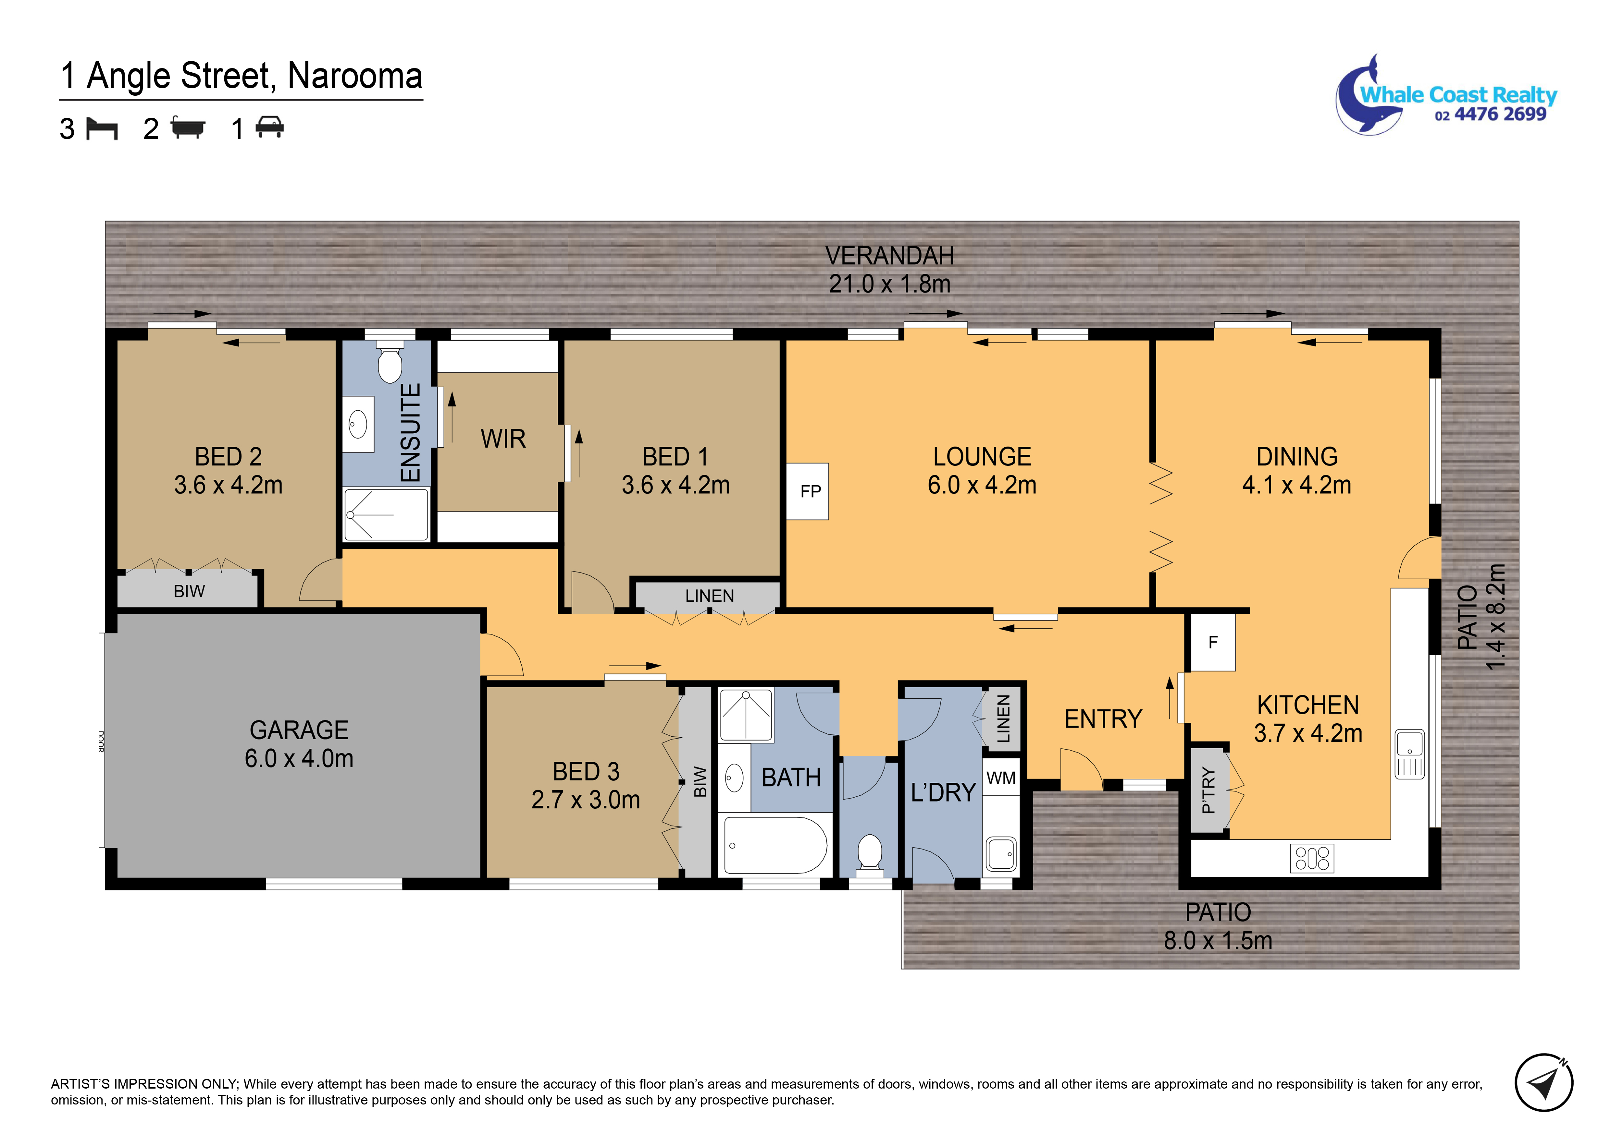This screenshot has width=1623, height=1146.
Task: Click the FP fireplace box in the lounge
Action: (807, 492)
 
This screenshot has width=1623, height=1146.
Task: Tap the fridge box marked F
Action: (1213, 642)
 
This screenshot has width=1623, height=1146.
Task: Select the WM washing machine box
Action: (1001, 778)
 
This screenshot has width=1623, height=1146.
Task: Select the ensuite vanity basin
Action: (358, 425)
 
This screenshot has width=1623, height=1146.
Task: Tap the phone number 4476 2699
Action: (1500, 115)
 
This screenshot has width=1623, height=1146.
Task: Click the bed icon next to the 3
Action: (102, 128)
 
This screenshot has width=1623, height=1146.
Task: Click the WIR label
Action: (503, 439)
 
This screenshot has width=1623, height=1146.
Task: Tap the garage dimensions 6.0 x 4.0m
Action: (299, 758)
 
